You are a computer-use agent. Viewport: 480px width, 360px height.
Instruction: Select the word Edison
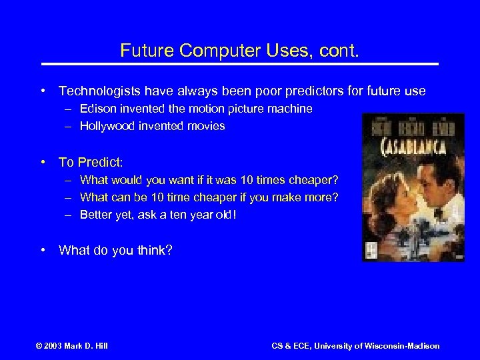point(96,108)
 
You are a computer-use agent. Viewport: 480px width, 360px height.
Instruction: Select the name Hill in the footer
point(100,345)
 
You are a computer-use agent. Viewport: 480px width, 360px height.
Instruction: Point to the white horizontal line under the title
point(240,64)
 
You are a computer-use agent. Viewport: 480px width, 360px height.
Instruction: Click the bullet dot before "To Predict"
point(43,162)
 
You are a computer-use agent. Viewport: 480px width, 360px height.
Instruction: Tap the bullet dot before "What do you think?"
point(43,250)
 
